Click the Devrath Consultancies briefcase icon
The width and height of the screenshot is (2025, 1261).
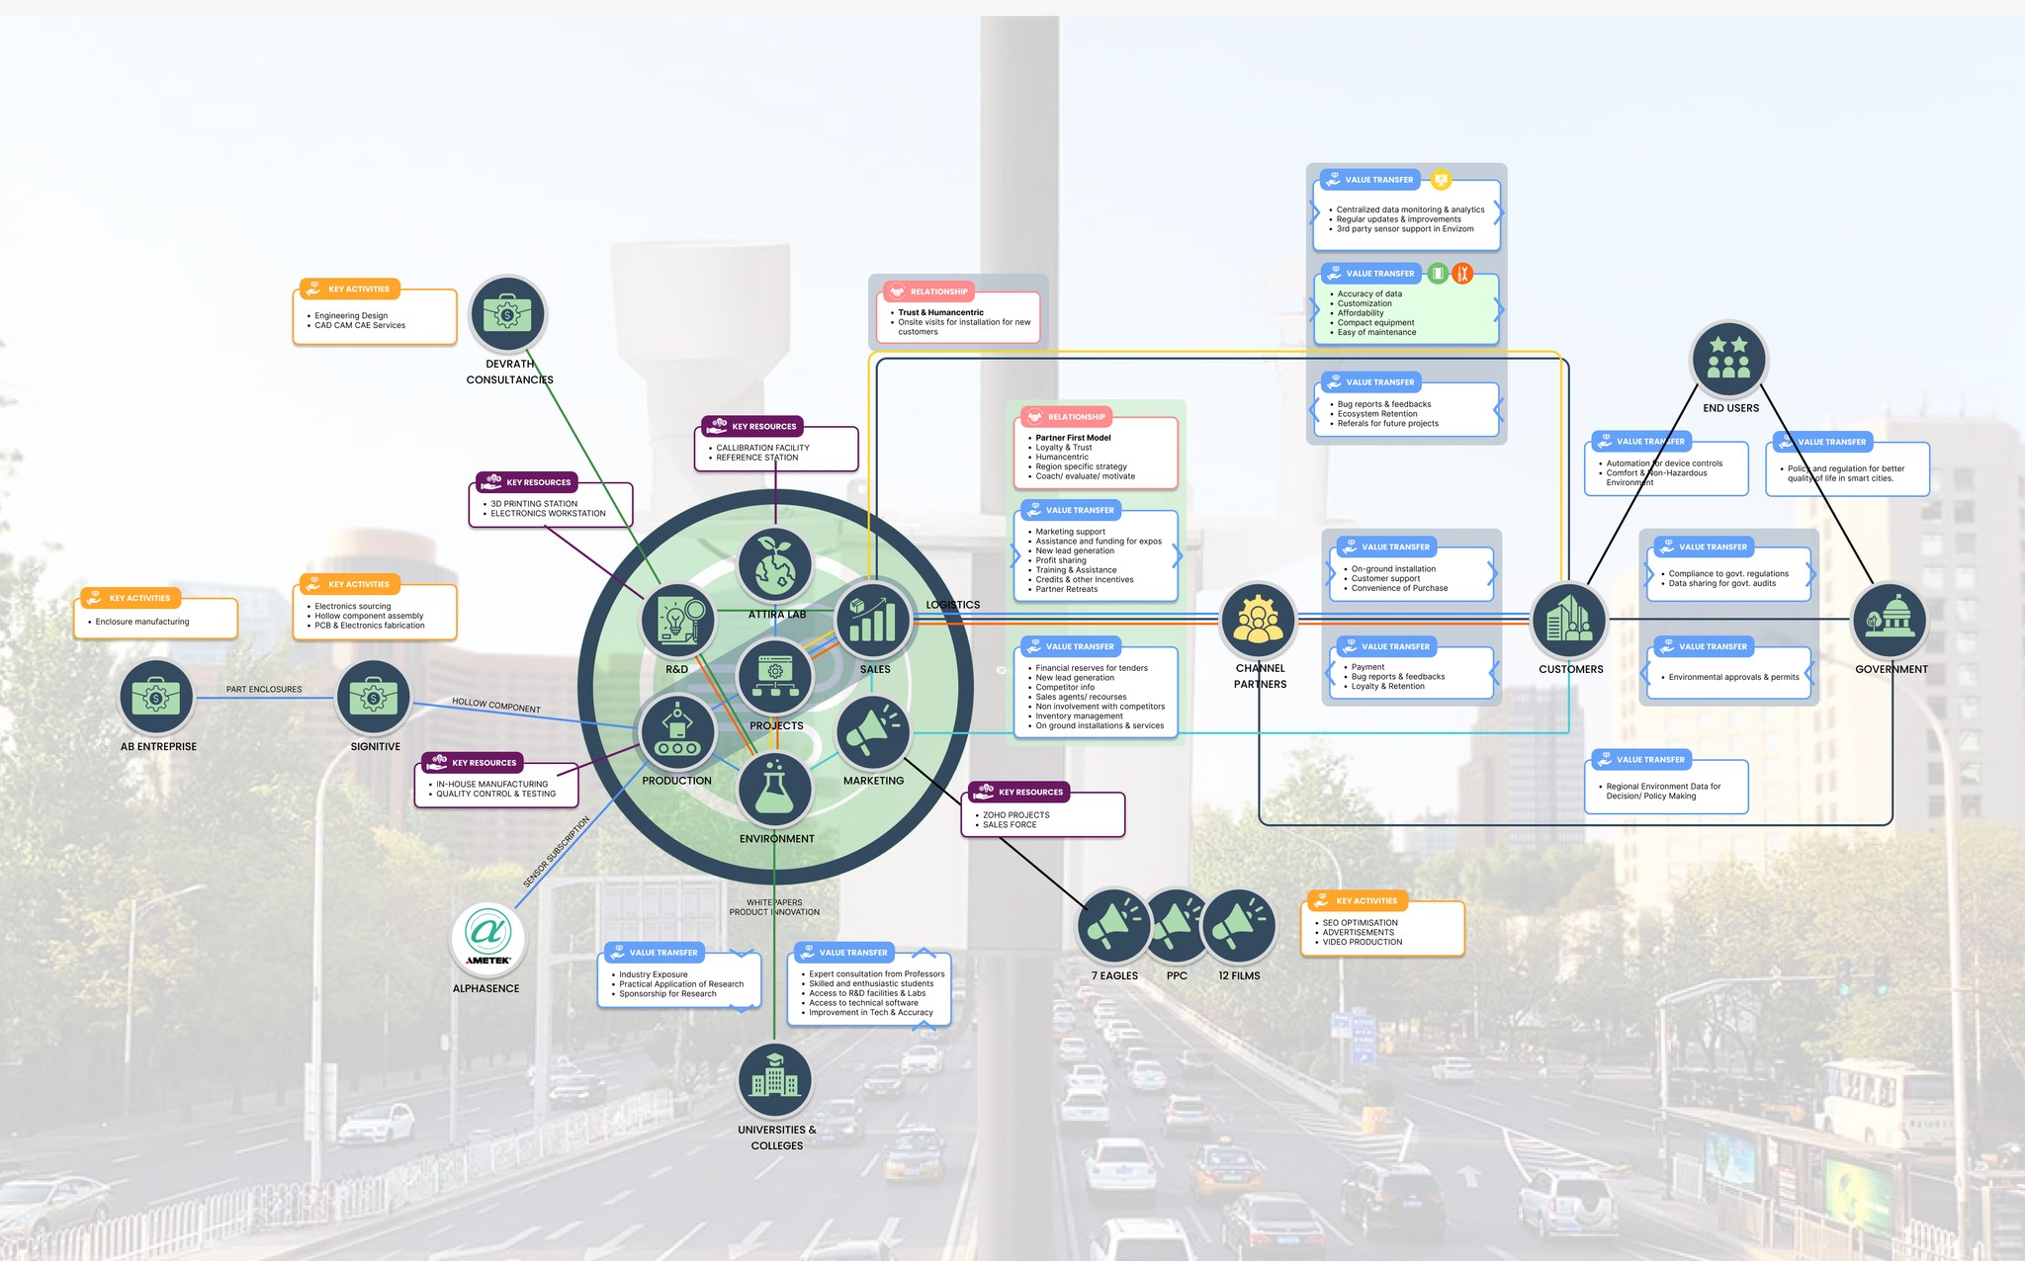[507, 314]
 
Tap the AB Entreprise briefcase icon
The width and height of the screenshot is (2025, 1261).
[156, 698]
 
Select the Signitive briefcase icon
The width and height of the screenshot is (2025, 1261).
[374, 698]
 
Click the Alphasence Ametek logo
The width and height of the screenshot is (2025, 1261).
[487, 937]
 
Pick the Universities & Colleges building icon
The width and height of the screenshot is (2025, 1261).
[775, 1081]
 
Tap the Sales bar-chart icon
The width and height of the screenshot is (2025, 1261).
[873, 620]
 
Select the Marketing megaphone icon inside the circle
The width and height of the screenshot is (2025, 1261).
[873, 732]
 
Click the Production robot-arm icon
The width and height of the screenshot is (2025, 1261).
[677, 732]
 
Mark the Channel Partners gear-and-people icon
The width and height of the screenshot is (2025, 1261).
[1258, 620]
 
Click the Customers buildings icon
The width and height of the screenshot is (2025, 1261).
[1569, 620]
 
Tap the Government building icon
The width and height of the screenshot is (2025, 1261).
[1890, 620]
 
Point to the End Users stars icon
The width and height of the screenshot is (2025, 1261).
[1729, 358]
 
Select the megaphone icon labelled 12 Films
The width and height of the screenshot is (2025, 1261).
[1239, 926]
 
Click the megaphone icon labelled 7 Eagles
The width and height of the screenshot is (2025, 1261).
[1114, 926]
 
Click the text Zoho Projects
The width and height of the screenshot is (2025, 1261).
[1016, 815]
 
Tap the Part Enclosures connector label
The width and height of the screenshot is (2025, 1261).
[264, 690]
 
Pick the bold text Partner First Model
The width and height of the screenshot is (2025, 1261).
[1073, 438]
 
